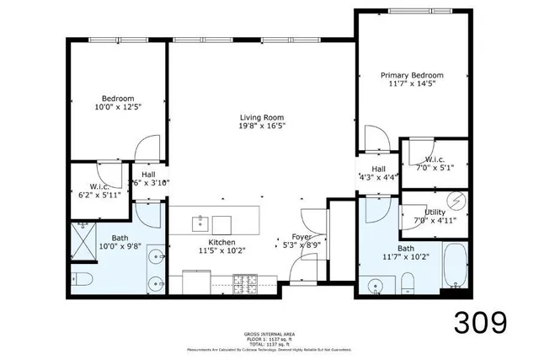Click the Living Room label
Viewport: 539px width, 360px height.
260,117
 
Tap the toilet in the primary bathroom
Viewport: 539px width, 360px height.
407,282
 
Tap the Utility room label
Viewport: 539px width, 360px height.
435,212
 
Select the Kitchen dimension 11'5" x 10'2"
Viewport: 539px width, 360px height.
215,250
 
